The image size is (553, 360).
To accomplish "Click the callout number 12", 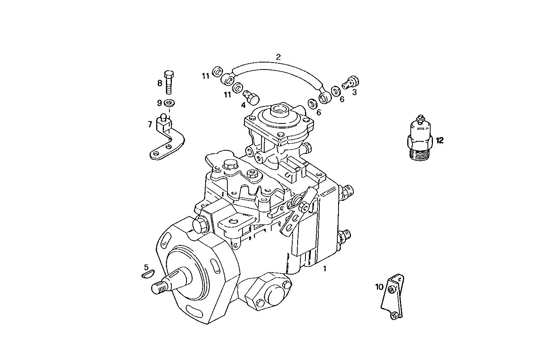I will (x=439, y=141).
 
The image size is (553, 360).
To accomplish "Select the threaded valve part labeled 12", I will (x=420, y=139).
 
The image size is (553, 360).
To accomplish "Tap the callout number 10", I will (x=379, y=287).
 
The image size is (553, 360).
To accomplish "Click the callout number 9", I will (x=159, y=103).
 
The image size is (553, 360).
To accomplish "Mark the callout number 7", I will (x=150, y=124).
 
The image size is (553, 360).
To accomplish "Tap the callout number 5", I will (x=146, y=267).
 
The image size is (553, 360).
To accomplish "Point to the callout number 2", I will (x=278, y=57).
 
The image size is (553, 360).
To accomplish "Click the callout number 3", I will (x=354, y=92).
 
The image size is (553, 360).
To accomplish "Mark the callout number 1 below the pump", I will (x=325, y=268).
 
